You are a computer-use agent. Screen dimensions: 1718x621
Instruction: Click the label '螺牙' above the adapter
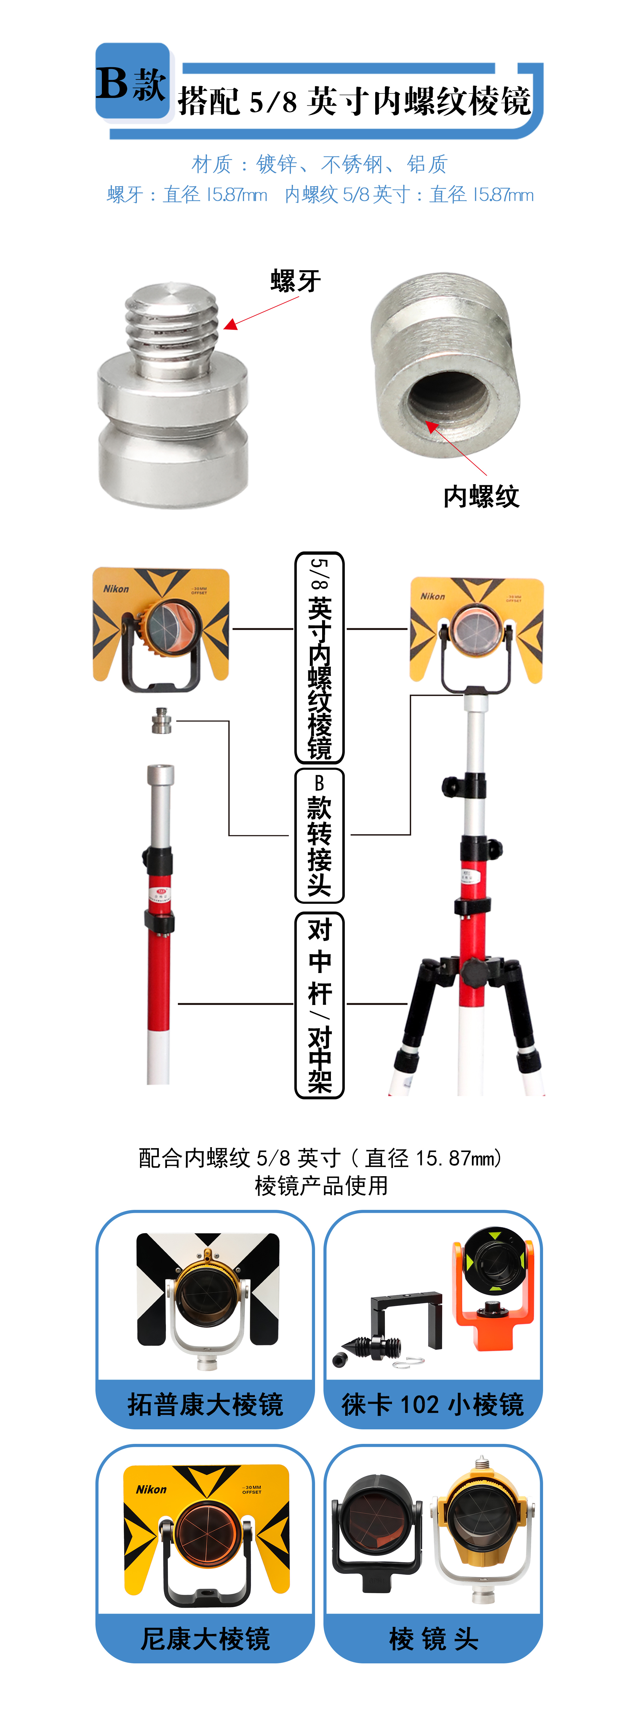click(296, 281)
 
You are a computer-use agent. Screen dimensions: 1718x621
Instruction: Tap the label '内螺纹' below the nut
click(481, 496)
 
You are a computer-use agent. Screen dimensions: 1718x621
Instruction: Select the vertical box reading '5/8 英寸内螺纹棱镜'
click(320, 657)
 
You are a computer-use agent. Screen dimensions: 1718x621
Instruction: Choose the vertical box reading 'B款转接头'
click(320, 835)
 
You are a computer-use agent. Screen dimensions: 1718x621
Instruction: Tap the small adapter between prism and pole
click(161, 720)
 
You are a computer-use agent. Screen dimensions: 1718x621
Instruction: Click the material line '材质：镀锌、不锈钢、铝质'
click(319, 164)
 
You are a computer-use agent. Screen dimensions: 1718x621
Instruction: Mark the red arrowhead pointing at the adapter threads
click(230, 325)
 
